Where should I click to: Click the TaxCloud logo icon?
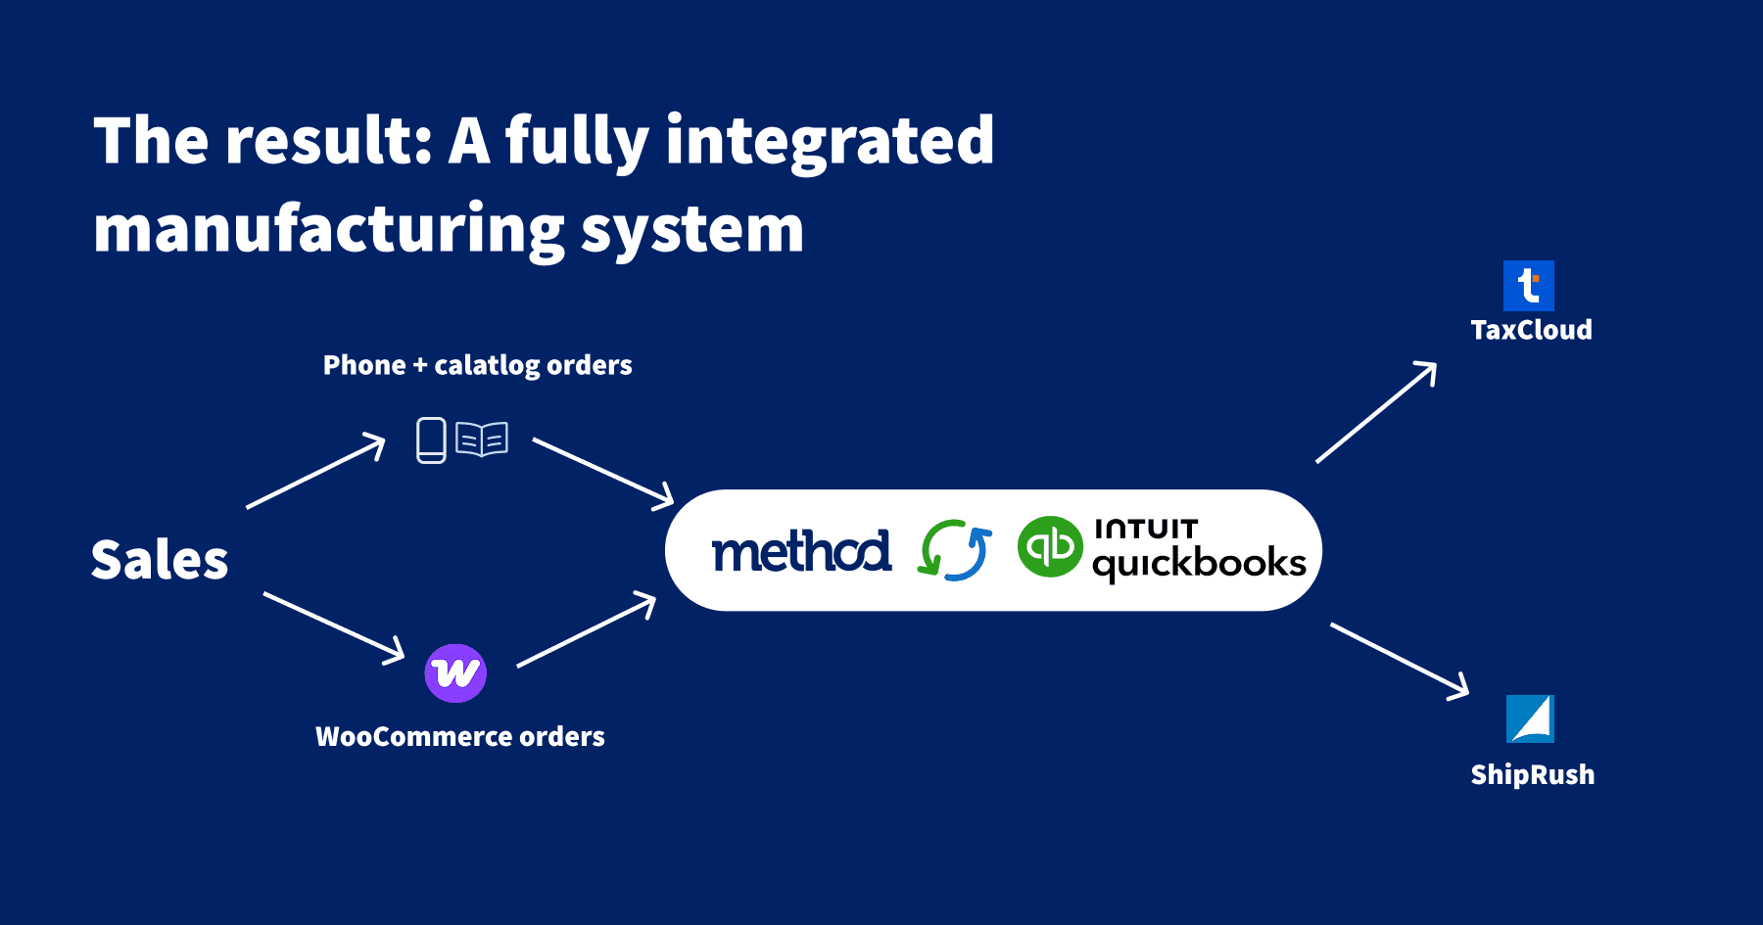pyautogui.click(x=1528, y=286)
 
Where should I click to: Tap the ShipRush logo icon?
pyautogui.click(x=1530, y=719)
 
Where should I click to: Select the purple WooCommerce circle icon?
pyautogui.click(x=455, y=673)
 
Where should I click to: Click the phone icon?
pyautogui.click(x=431, y=439)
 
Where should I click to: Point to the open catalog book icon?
pyautogui.click(x=482, y=439)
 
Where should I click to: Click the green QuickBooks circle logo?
pyautogui.click(x=1050, y=546)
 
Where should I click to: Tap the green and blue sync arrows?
pyautogui.click(x=955, y=550)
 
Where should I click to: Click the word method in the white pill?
pyautogui.click(x=801, y=551)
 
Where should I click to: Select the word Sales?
pyautogui.click(x=160, y=560)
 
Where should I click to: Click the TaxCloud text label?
pyautogui.click(x=1531, y=330)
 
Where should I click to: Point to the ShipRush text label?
pyautogui.click(x=1532, y=775)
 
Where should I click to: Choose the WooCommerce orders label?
pyautogui.click(x=459, y=736)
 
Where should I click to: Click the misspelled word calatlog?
pyautogui.click(x=487, y=366)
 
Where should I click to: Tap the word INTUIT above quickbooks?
pyautogui.click(x=1146, y=529)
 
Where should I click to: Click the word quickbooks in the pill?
pyautogui.click(x=1199, y=564)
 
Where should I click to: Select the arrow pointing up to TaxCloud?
pyautogui.click(x=1376, y=412)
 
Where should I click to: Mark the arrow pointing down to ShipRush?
pyautogui.click(x=1400, y=661)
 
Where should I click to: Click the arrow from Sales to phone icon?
pyautogui.click(x=315, y=473)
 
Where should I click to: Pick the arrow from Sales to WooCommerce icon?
pyautogui.click(x=334, y=627)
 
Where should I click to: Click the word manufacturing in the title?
pyautogui.click(x=328, y=231)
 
